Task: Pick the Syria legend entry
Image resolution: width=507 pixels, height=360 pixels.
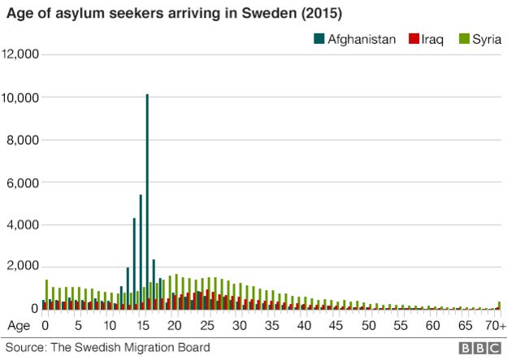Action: [481, 39]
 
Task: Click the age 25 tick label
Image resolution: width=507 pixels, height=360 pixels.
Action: [206, 326]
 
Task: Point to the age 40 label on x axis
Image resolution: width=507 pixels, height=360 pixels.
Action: [304, 326]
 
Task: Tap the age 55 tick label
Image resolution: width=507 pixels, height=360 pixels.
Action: [401, 326]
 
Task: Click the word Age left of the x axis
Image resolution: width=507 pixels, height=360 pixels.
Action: [17, 326]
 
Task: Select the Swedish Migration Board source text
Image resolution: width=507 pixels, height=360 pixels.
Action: [107, 348]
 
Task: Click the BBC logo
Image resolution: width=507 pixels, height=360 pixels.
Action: [479, 348]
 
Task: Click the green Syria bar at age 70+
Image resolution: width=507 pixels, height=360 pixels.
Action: [499, 306]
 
